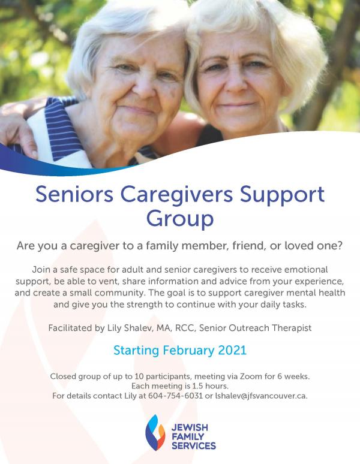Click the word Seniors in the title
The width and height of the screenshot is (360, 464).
tap(74, 194)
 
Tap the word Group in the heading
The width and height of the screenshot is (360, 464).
tap(180, 219)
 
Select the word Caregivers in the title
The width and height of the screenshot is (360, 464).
tap(176, 195)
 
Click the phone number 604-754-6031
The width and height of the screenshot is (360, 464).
tap(175, 396)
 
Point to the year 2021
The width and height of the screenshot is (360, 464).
tap(232, 350)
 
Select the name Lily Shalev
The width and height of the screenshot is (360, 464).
tap(128, 328)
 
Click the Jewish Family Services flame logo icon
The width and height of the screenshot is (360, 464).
tap(155, 432)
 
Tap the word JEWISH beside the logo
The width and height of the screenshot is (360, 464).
tap(190, 427)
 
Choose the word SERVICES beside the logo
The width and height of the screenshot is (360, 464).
tap(194, 445)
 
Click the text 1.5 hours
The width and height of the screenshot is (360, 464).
tap(210, 386)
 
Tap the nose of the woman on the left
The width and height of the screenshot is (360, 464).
tap(143, 85)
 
